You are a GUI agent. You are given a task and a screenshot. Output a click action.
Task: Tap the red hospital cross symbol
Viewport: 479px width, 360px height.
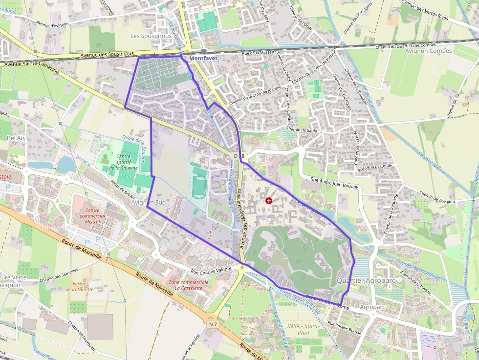coord(268,201)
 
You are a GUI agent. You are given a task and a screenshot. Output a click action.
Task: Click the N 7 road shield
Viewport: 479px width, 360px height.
coord(212,324)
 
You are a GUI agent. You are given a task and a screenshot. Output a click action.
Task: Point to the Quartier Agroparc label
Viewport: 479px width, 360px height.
coord(362,280)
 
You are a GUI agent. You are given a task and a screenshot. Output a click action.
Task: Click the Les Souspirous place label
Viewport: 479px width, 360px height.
coord(151,36)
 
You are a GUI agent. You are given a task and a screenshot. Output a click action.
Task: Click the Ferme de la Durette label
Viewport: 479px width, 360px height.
coord(80,286)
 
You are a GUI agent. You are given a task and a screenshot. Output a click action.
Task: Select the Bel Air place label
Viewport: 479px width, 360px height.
coord(15,138)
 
